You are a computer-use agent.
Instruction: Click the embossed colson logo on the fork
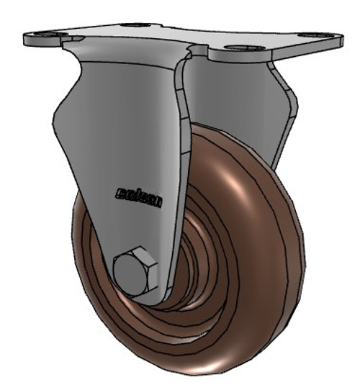click(x=138, y=196)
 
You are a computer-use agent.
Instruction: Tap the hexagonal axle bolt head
click(x=134, y=271)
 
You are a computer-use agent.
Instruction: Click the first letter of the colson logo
click(x=120, y=192)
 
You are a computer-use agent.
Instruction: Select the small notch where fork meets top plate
click(x=192, y=51)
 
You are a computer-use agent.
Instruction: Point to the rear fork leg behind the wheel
click(x=277, y=115)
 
